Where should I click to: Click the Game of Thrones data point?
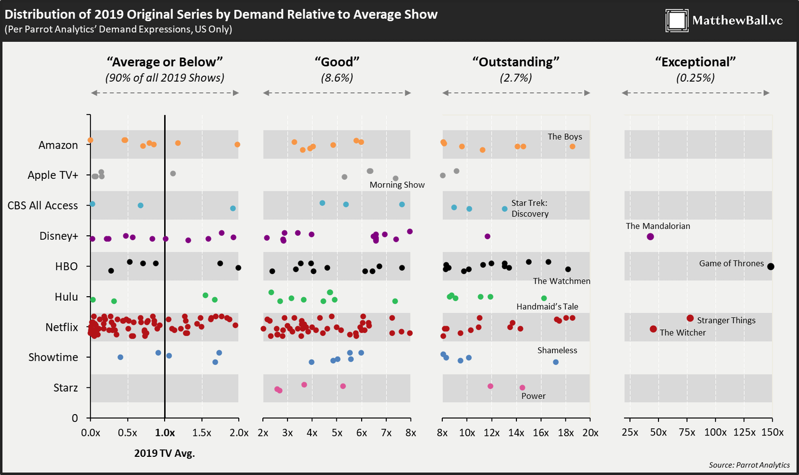coord(770,267)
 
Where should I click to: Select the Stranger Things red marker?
coord(690,318)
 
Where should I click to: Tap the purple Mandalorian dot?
coord(650,236)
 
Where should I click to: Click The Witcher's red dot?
coord(653,329)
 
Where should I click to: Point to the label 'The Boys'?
coord(565,136)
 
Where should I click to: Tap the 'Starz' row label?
coord(66,388)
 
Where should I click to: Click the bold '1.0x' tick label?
coord(165,432)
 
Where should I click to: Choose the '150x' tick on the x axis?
coord(773,432)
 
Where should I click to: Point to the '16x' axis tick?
coord(541,432)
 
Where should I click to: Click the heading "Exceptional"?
coord(695,61)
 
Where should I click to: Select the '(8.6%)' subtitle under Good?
coord(337,77)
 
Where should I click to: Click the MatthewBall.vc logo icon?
coord(677,21)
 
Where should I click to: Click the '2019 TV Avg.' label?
coord(165,454)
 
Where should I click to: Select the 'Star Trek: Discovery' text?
coord(530,208)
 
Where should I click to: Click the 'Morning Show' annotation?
coord(397,185)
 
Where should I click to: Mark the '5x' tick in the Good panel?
coord(336,432)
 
